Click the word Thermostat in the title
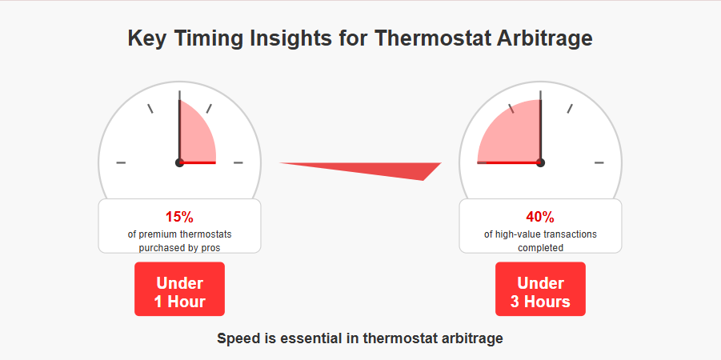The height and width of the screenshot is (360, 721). click(x=431, y=38)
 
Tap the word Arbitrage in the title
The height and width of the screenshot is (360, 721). click(x=544, y=39)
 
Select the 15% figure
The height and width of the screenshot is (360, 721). click(x=179, y=217)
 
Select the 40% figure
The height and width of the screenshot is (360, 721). click(x=540, y=217)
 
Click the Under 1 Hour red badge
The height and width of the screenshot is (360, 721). click(x=179, y=289)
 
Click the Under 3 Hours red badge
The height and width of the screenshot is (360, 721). click(x=540, y=289)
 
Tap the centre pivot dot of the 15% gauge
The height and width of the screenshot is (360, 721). click(x=179, y=162)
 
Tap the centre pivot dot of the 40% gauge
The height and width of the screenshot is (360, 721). click(x=540, y=162)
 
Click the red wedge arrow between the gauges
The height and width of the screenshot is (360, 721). click(x=368, y=168)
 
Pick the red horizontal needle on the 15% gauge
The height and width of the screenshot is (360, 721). click(x=198, y=162)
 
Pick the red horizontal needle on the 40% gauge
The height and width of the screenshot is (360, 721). click(x=509, y=162)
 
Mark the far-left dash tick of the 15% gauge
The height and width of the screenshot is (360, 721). click(x=121, y=162)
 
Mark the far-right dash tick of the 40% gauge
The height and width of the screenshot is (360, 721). click(x=599, y=162)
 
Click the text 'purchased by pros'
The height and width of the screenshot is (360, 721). click(x=179, y=248)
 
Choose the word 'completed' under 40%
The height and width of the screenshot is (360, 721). click(x=540, y=248)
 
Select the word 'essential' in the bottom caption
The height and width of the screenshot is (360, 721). click(x=314, y=338)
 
